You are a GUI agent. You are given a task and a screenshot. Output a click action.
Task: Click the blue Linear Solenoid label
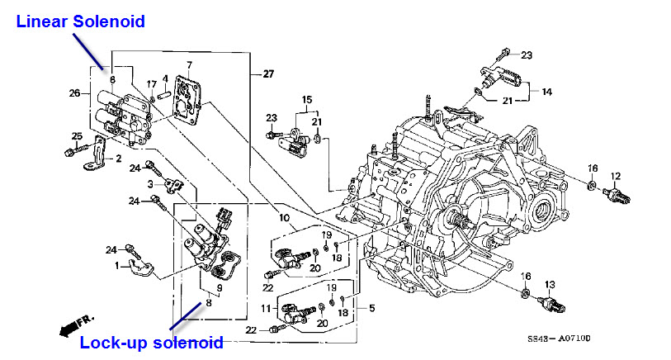(x=81, y=21)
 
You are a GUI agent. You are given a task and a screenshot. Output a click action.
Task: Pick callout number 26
(x=74, y=92)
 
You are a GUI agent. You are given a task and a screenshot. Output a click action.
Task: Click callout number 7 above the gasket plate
(x=189, y=64)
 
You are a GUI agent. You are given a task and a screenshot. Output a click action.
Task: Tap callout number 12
(x=614, y=176)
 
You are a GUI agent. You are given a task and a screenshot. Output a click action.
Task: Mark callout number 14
(x=546, y=91)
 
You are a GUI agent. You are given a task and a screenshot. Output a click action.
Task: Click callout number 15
(x=306, y=100)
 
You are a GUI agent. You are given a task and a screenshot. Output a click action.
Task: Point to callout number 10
(x=284, y=218)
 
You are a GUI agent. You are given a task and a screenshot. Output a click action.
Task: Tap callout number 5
(x=372, y=308)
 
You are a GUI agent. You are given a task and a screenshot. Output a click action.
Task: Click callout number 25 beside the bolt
(x=78, y=136)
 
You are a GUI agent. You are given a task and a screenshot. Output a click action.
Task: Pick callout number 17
(x=151, y=83)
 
